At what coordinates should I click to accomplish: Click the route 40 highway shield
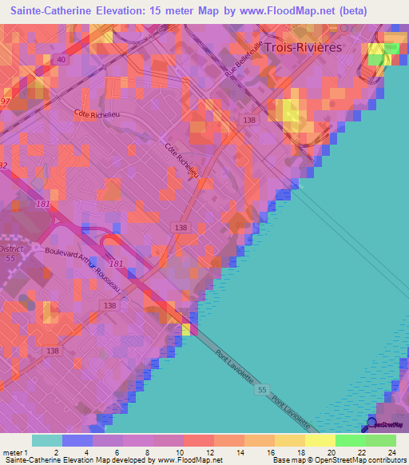point(61,59)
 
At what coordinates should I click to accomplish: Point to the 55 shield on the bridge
point(263,390)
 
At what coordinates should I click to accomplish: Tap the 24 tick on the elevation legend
point(392,452)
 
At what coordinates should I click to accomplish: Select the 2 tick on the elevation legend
point(55,452)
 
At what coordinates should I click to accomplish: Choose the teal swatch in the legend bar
point(46,440)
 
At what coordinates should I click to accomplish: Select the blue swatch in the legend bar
point(77,440)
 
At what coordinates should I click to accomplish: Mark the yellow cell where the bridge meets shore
point(186,328)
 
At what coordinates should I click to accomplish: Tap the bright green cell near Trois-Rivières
point(391,49)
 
